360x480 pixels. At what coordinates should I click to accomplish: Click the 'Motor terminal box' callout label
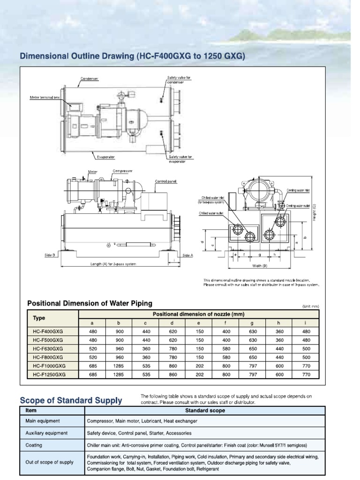coord(44,98)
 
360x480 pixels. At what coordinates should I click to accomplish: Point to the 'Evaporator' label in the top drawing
coord(106,157)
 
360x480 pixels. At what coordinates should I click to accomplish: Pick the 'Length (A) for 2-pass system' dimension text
coord(113,264)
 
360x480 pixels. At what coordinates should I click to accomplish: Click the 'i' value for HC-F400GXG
coord(306,331)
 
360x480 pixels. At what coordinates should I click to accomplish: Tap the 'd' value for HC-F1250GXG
coord(172,374)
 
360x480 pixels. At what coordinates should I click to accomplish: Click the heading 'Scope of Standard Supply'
coord(71,400)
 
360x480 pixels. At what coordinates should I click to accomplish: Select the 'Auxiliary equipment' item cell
coord(46,433)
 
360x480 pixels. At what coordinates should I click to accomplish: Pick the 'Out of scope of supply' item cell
coord(49,462)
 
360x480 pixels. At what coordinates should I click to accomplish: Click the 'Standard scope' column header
coord(205,410)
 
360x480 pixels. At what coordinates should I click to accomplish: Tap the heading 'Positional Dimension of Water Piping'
coord(90,303)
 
